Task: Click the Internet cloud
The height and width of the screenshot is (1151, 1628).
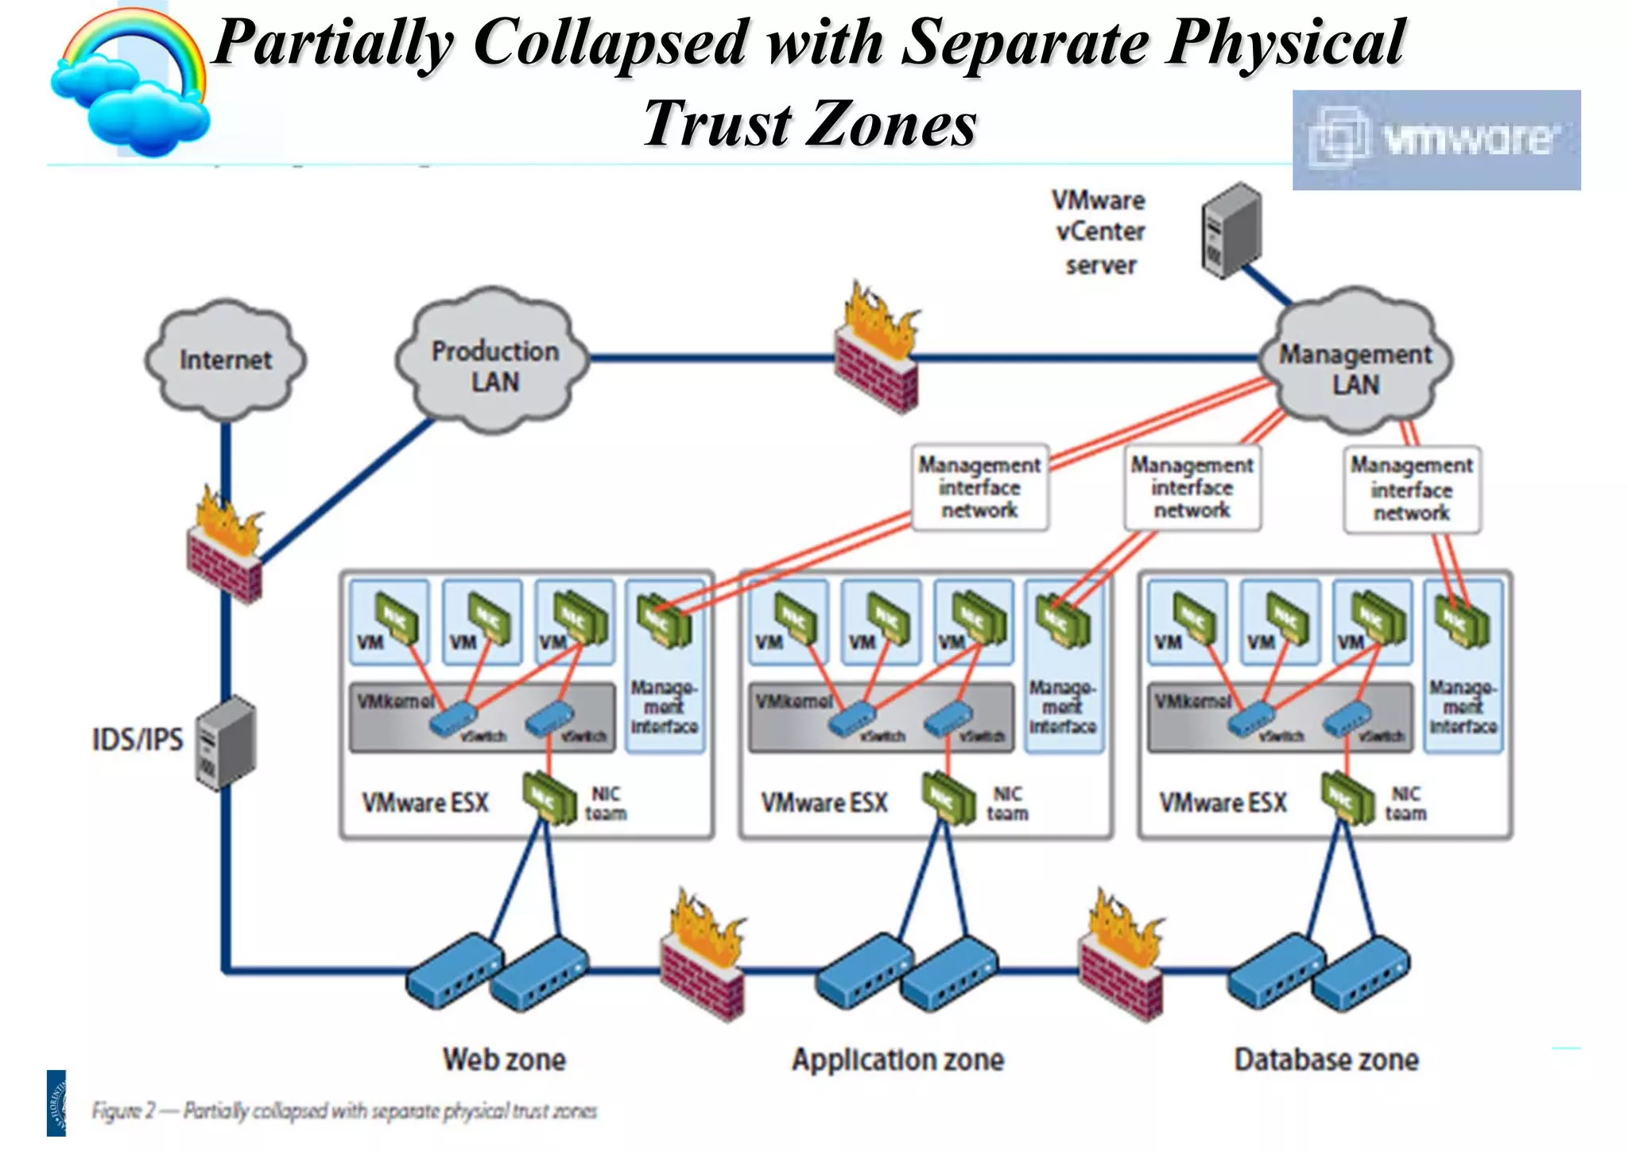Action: [x=226, y=360]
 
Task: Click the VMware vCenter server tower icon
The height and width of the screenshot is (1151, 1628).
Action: [x=1231, y=230]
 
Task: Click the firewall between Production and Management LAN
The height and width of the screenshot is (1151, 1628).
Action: [x=876, y=350]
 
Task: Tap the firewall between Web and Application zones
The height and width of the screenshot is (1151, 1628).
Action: [x=702, y=958]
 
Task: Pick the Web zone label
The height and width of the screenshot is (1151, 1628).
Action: [x=504, y=1060]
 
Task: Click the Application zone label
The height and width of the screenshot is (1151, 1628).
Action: [x=897, y=1060]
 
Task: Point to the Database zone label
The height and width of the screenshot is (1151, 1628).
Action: [x=1326, y=1060]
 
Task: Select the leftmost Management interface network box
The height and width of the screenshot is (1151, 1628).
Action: [x=979, y=487]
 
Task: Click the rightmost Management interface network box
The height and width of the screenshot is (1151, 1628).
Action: [x=1412, y=489]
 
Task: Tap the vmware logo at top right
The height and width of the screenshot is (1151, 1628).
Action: [x=1436, y=140]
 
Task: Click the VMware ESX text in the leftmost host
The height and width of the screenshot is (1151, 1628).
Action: [x=425, y=802]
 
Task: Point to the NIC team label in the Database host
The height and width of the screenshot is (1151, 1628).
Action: [x=1405, y=803]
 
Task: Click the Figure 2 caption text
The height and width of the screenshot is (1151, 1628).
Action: [x=343, y=1110]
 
